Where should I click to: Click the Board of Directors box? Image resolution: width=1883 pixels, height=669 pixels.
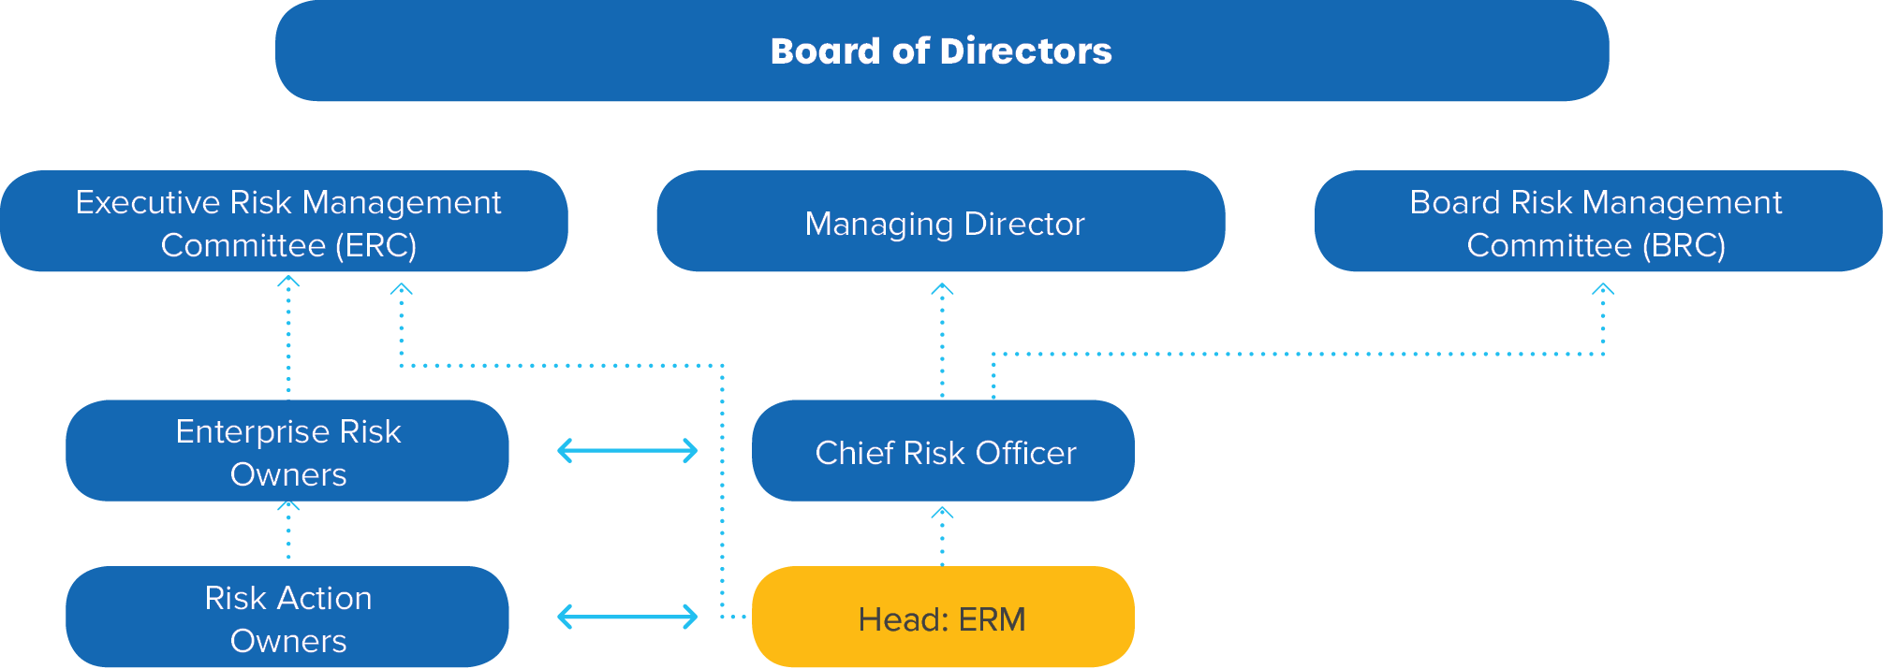click(x=941, y=51)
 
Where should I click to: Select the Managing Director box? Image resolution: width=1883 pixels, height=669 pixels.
click(x=941, y=222)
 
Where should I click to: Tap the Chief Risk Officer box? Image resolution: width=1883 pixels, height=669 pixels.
click(x=943, y=451)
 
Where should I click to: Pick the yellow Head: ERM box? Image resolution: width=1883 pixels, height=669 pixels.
click(x=943, y=618)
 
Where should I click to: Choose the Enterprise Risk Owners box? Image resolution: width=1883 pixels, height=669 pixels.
click(x=287, y=451)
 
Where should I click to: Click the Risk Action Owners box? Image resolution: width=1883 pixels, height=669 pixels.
click(x=287, y=618)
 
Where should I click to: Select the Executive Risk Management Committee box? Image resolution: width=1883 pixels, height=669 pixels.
click(x=284, y=222)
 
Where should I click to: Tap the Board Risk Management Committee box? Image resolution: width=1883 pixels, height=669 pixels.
click(x=1598, y=222)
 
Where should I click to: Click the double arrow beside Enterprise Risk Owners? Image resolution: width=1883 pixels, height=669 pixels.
click(x=627, y=451)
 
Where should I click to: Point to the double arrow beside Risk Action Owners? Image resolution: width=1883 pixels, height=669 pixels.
click(x=627, y=618)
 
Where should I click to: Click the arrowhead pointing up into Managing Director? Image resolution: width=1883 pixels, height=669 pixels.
click(x=942, y=290)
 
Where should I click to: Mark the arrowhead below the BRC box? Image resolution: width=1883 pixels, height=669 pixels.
click(x=1603, y=290)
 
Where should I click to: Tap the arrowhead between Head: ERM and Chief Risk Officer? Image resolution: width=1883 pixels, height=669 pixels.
click(x=942, y=513)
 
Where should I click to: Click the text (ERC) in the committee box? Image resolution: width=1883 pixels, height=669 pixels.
click(x=375, y=245)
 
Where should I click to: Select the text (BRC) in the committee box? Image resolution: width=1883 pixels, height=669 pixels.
click(x=1684, y=245)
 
